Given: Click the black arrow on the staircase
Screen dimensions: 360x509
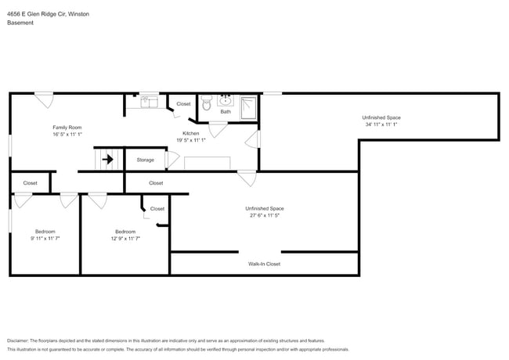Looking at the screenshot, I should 107,160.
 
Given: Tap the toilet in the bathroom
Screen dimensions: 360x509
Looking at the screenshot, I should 207,103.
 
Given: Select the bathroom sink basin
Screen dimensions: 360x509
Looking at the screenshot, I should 226,100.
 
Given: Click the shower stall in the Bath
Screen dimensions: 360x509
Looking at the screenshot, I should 249,106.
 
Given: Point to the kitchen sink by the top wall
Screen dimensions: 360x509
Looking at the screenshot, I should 149,101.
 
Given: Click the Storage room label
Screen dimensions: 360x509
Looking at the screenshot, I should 145,160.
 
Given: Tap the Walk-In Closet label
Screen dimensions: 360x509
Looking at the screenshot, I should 264,264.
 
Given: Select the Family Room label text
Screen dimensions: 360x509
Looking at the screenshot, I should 67,127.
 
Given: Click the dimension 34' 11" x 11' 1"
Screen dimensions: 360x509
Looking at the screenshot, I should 381,124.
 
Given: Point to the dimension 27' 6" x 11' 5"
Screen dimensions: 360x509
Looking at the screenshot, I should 264,217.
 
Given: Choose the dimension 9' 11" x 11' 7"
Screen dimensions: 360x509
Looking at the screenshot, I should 45,239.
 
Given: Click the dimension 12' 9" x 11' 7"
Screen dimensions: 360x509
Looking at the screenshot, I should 125,239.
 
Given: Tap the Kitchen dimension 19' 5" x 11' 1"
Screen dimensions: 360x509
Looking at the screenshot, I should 191,140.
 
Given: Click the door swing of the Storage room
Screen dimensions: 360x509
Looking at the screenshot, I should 173,160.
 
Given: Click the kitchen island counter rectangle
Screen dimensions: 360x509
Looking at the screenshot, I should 207,163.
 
